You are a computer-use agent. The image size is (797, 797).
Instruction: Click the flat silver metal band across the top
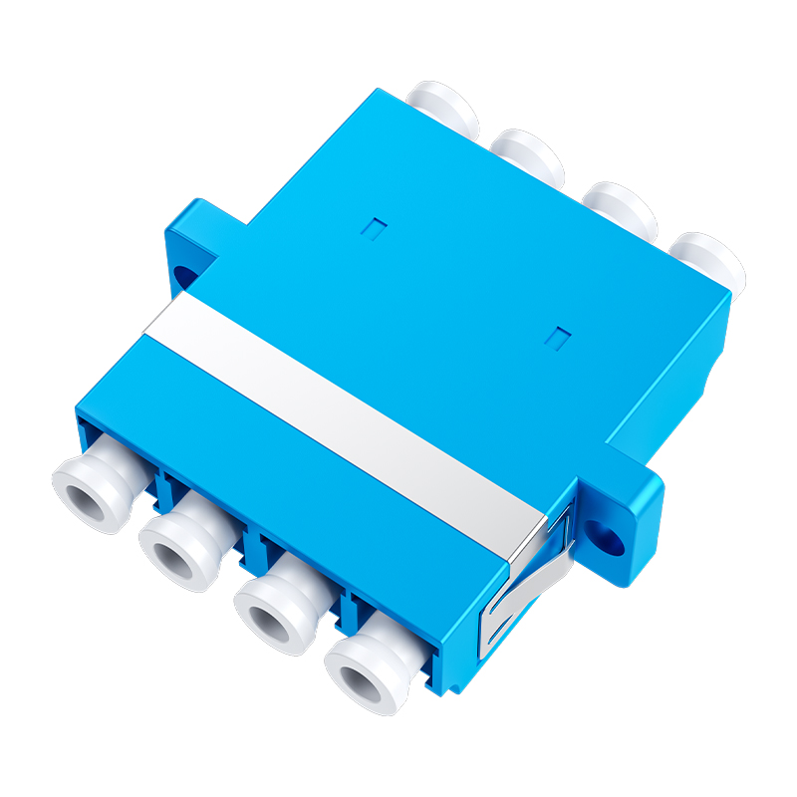[x=339, y=398]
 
